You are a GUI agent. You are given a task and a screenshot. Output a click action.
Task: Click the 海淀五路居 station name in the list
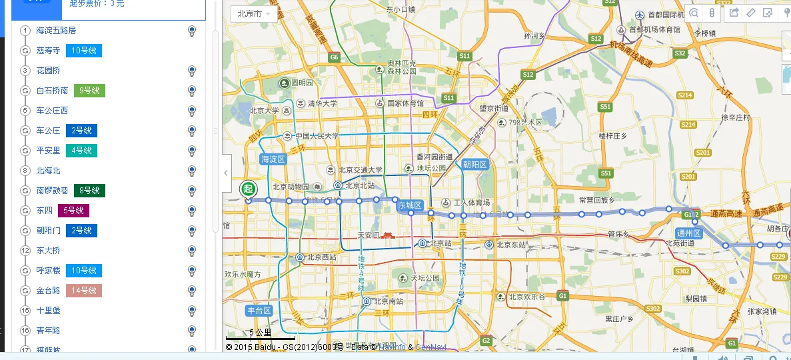point(56,31)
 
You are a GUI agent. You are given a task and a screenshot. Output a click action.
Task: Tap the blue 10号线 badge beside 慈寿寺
point(84,51)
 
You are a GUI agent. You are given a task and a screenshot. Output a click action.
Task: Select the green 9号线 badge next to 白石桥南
point(89,91)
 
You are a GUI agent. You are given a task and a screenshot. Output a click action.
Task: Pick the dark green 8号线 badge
point(89,191)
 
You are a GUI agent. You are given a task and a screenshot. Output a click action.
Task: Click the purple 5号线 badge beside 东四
point(73,211)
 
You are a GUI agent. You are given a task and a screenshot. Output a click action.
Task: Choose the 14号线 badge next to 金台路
point(84,291)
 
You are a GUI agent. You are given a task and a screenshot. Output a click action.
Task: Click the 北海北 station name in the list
point(48,171)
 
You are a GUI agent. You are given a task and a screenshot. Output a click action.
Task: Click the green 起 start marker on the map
point(248,189)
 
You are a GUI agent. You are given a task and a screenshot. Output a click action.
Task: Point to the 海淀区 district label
point(273,159)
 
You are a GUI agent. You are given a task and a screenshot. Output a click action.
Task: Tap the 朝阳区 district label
point(476,165)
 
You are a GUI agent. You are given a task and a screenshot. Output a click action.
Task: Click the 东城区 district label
point(410,206)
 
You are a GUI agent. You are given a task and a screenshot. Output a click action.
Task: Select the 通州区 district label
point(689,233)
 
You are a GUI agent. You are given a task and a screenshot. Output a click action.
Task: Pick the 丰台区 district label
point(259,311)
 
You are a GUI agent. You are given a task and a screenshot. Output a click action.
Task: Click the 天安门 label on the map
point(369,235)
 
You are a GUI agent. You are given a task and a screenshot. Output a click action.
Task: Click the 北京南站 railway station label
point(388,301)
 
